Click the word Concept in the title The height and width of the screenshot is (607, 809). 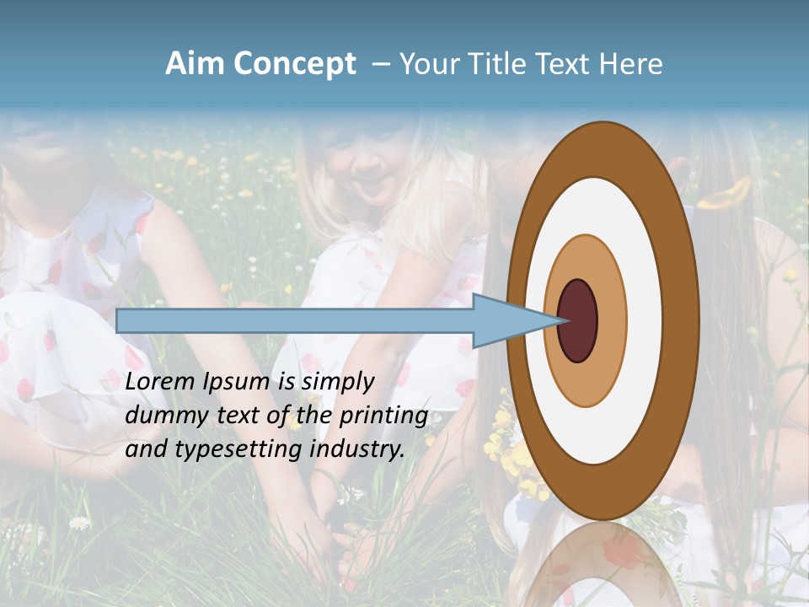click(x=295, y=64)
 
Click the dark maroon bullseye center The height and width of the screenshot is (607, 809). click(x=578, y=321)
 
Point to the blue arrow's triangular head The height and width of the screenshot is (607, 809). click(x=514, y=321)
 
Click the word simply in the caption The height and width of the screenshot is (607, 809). click(x=339, y=383)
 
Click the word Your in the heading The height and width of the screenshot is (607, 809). click(x=427, y=64)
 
